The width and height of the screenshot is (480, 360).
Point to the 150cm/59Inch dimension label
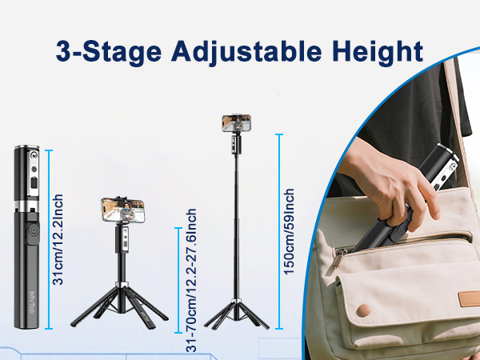pos(290,232)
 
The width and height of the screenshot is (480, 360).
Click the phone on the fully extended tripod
pos(236,123)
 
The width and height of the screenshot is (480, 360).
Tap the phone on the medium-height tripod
pos(122,210)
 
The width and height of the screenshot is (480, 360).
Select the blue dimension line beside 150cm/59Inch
pos(278,232)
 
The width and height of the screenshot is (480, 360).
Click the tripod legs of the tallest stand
pos(235,312)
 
